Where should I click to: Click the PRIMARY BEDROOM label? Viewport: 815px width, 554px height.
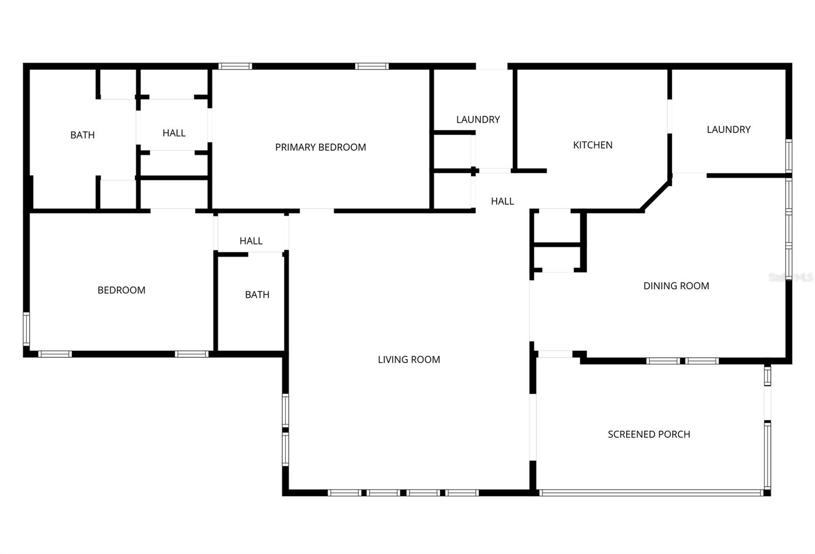pos(320,147)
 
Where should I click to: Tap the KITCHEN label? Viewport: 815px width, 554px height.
pos(592,145)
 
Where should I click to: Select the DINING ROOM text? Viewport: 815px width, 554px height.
pos(676,286)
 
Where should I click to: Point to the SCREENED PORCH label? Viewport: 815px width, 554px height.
pos(648,434)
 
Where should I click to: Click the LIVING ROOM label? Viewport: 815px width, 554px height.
pos(409,359)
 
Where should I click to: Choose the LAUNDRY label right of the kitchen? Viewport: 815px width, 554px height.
pos(728,129)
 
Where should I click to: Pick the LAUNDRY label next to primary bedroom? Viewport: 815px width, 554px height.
pos(478,120)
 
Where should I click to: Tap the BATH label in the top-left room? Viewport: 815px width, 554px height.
pos(83,135)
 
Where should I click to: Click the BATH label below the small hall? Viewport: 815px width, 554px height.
pos(257,295)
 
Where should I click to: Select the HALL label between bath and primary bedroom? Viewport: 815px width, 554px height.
pos(174,133)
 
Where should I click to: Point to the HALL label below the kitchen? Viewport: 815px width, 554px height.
pos(502,201)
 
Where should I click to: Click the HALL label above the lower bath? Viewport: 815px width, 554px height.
pos(251,241)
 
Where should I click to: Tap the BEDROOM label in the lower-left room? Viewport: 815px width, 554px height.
pos(121,290)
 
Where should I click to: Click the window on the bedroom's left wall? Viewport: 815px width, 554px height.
pos(26,330)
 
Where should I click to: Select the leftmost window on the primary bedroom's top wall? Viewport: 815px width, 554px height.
pos(235,66)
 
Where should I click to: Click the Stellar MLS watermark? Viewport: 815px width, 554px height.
pos(791,278)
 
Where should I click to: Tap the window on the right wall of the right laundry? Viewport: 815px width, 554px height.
pos(789,155)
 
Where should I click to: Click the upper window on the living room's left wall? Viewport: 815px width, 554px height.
pos(285,410)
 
